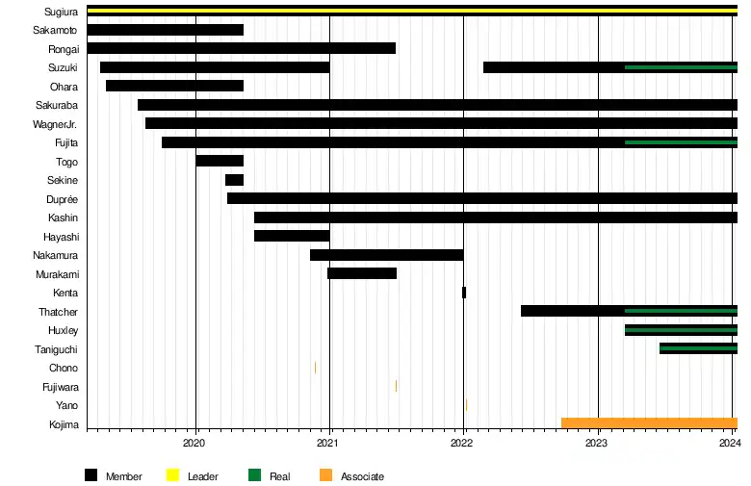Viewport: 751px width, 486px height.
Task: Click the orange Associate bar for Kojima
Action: pos(649,423)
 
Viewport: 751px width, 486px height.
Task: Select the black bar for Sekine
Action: pos(234,180)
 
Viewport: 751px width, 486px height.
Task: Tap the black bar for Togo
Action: pos(220,161)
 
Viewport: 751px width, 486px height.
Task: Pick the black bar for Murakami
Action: pos(362,273)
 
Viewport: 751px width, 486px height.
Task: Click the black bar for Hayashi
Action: pos(292,236)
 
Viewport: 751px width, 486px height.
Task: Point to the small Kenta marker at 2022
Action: pos(464,293)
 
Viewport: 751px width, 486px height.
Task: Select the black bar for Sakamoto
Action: pos(165,30)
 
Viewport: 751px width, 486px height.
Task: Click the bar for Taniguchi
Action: pos(698,348)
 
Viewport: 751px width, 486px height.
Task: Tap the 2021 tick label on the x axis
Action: pos(328,443)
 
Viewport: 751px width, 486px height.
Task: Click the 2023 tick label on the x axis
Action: pos(597,443)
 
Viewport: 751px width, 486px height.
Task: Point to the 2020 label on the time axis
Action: pos(194,443)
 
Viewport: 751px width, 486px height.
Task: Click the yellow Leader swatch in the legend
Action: pos(173,475)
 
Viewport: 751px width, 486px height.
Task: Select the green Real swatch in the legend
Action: pos(255,475)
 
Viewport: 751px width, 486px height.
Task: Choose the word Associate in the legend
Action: pos(362,476)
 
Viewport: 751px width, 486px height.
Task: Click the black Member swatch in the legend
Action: pos(91,475)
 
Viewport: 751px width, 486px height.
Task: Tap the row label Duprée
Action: pos(63,199)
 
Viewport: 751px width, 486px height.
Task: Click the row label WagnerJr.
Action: pos(55,124)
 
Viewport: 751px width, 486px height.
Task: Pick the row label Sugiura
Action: pos(62,12)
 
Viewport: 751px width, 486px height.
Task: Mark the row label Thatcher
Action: pos(59,312)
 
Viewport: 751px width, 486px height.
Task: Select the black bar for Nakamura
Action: pos(386,255)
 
